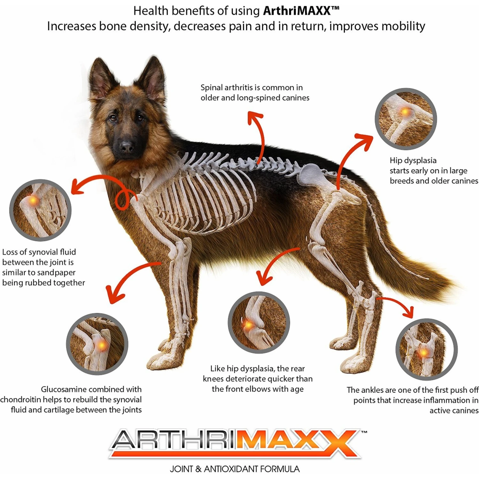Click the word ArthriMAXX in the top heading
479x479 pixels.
tap(297, 11)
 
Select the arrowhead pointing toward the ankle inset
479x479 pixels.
tap(408, 312)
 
